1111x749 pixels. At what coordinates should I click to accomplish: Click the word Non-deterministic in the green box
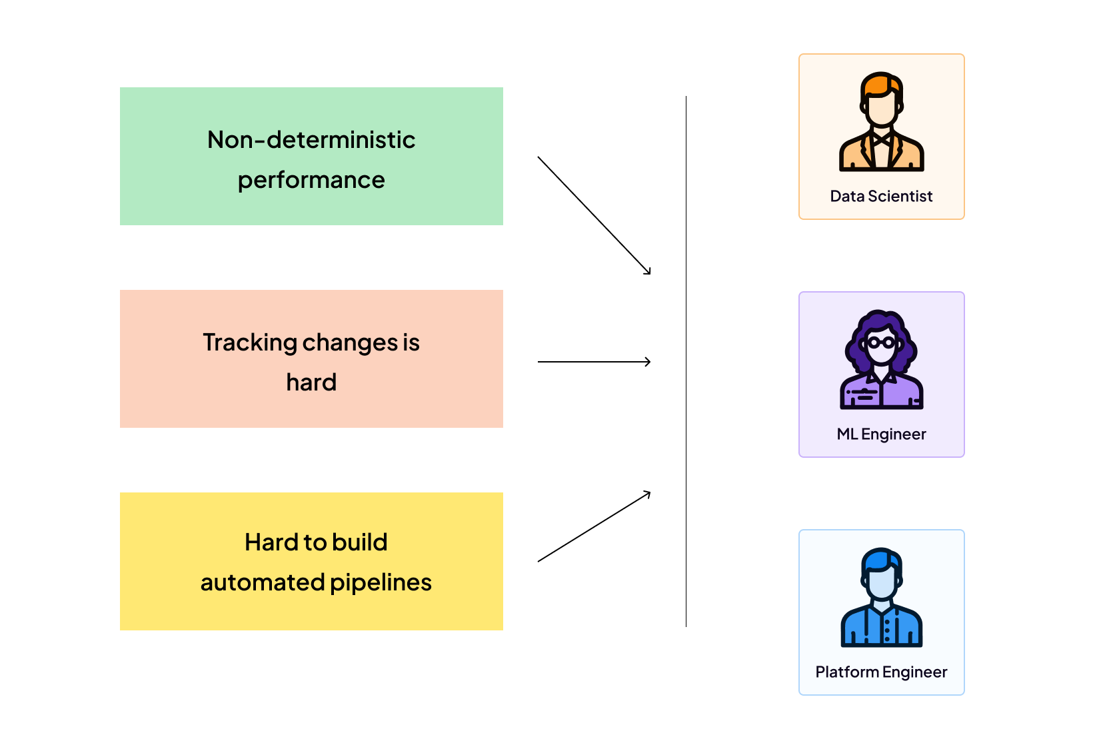click(x=311, y=140)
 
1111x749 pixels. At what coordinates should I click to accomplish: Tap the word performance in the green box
click(x=311, y=180)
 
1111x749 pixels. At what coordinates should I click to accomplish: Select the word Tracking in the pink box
click(x=250, y=343)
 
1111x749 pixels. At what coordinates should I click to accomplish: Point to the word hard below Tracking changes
click(x=311, y=382)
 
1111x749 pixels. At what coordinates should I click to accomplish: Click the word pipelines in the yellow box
click(x=381, y=582)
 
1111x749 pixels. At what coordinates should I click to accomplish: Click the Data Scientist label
click(x=881, y=197)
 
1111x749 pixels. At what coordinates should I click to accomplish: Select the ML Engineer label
click(x=881, y=434)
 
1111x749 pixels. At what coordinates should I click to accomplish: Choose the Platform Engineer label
click(x=881, y=672)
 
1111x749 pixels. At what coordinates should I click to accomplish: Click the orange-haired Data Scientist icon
click(x=881, y=123)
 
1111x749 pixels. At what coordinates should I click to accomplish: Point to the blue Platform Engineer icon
click(x=881, y=598)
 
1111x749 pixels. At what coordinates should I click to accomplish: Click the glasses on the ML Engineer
click(x=881, y=343)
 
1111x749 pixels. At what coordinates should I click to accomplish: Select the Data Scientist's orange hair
click(x=880, y=84)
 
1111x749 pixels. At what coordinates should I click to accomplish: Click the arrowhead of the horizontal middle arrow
click(x=648, y=362)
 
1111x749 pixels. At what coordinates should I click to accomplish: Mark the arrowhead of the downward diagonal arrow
click(x=648, y=272)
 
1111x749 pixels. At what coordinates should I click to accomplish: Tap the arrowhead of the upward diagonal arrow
click(x=648, y=493)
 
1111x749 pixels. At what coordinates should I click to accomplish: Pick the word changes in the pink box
click(x=350, y=343)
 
